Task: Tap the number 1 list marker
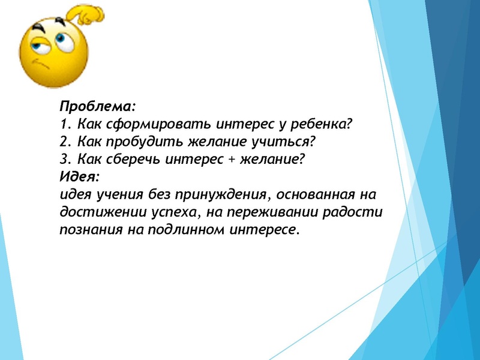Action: tap(65, 125)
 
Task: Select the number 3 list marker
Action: tap(65, 160)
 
